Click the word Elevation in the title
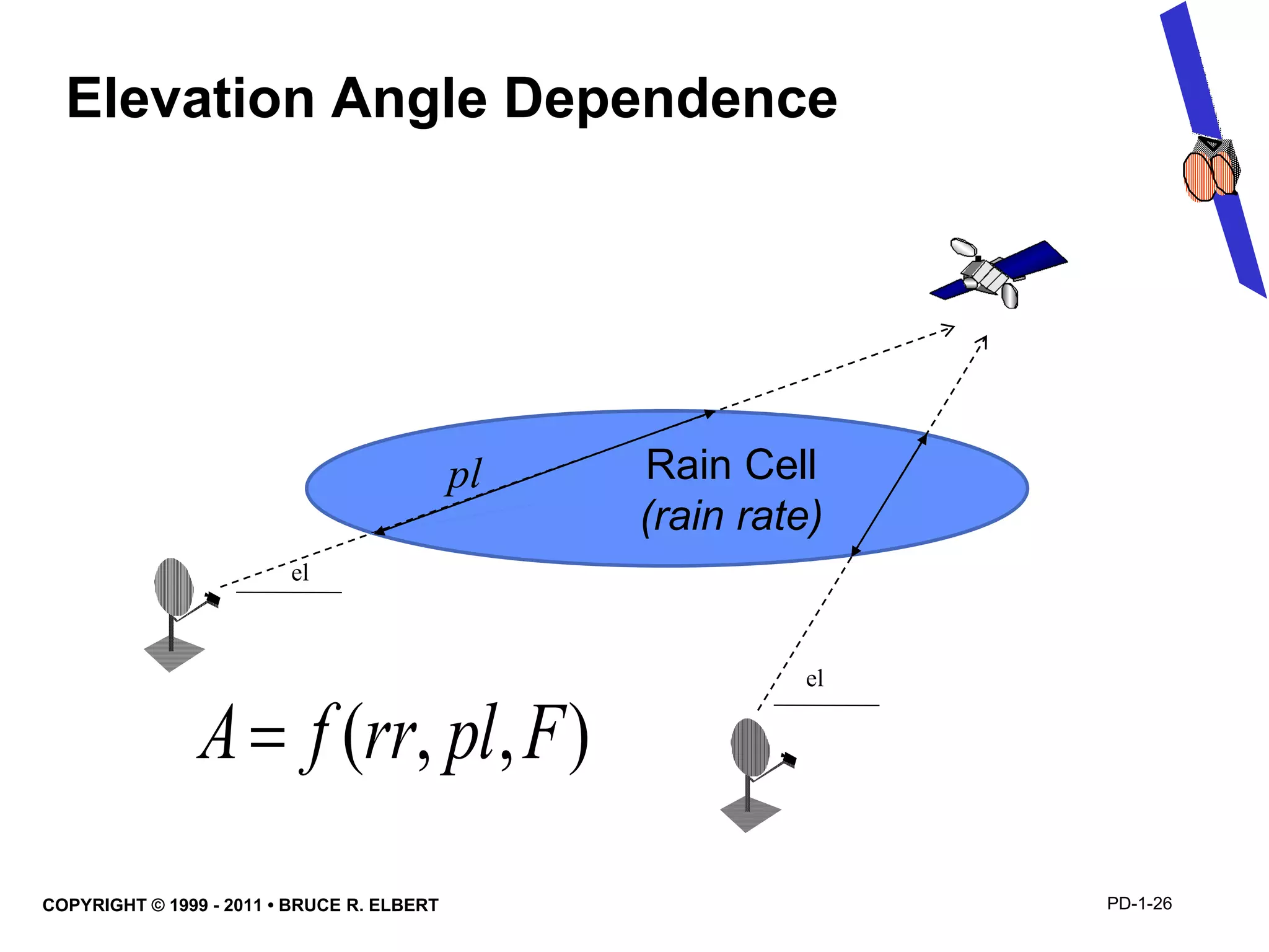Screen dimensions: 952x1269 click(x=191, y=99)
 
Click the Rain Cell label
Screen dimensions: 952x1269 click(x=731, y=465)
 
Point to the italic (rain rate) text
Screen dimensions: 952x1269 click(x=731, y=516)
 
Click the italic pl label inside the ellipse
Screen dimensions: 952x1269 click(x=463, y=476)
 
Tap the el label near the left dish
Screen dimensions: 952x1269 click(x=300, y=573)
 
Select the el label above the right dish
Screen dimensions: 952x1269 click(x=814, y=679)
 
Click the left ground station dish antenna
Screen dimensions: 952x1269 click(x=173, y=588)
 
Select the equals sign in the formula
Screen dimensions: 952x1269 click(x=268, y=738)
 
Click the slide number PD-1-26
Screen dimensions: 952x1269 click(x=1139, y=904)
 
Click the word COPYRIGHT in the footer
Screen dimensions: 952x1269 click(x=94, y=906)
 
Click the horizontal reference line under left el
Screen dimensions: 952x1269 click(x=289, y=593)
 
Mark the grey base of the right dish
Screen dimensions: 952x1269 click(x=750, y=813)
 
